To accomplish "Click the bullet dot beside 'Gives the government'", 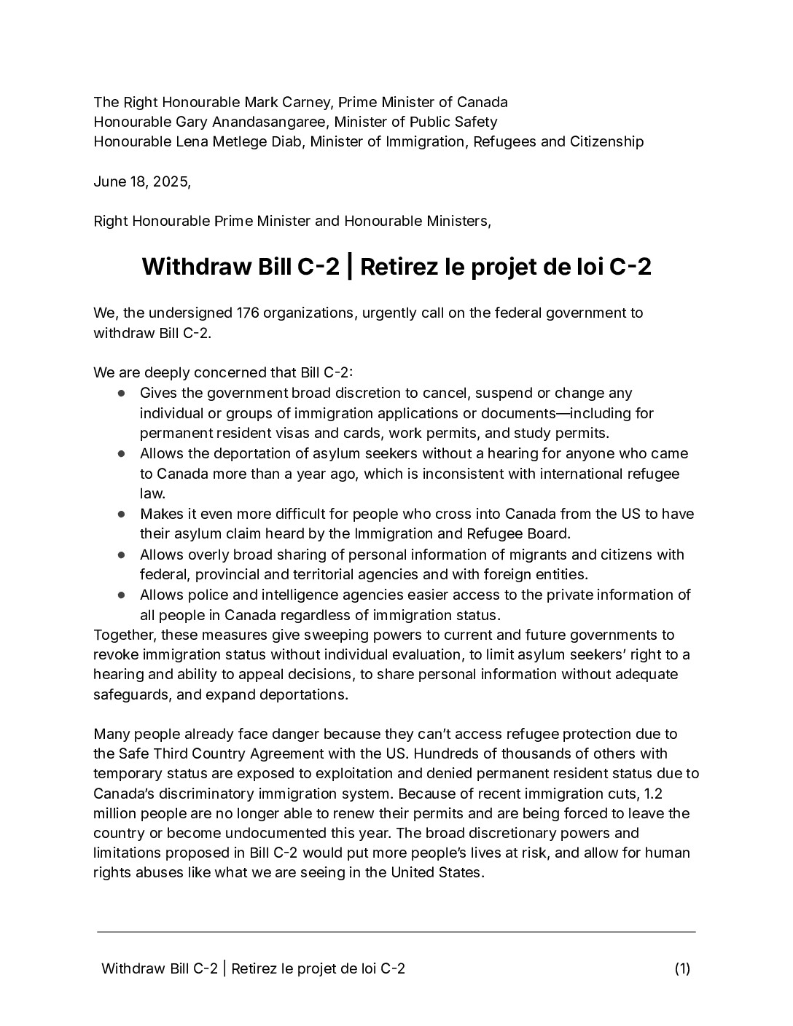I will pyautogui.click(x=122, y=393).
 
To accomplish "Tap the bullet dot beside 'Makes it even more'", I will pyautogui.click(x=122, y=514).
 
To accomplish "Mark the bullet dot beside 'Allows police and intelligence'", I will pyautogui.click(x=122, y=595).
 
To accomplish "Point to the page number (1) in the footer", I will pyautogui.click(x=682, y=968).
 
